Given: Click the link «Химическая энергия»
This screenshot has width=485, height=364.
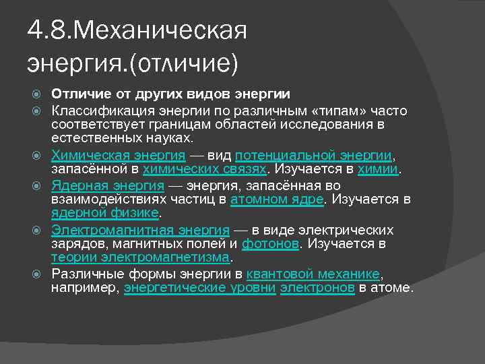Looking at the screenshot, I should (x=118, y=154).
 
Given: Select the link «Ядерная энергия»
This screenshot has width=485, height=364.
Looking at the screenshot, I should (x=108, y=185).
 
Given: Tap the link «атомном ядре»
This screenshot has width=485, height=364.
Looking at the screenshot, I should (x=278, y=200).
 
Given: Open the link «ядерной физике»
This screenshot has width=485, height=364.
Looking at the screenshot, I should (x=104, y=214).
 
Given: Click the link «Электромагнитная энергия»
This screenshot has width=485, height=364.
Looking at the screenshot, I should (x=140, y=230).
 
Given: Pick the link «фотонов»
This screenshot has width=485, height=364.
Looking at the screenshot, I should (x=270, y=244).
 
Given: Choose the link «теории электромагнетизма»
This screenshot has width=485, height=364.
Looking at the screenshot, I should (x=141, y=258).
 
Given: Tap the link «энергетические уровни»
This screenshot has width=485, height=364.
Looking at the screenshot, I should (x=199, y=288).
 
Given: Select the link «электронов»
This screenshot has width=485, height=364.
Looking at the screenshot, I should (x=317, y=288).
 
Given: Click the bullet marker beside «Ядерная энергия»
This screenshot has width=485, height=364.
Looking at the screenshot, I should (x=40, y=185).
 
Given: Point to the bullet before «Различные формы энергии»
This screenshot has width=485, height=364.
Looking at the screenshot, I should (x=40, y=274).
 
